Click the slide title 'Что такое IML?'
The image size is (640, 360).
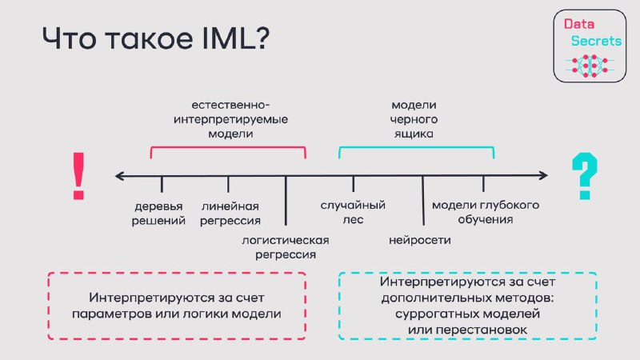coord(155,38)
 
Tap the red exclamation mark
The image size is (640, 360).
coord(78,176)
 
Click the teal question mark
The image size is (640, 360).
coord(585,176)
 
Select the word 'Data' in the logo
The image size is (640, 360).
coord(578,24)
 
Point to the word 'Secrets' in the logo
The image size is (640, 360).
coord(596,41)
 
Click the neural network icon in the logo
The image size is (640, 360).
coord(590,66)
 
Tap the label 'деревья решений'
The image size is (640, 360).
coord(158,214)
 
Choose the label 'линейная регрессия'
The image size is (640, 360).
coord(230,214)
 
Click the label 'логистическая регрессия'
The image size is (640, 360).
coord(286,247)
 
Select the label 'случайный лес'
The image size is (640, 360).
coord(353,212)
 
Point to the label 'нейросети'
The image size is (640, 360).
coord(419,240)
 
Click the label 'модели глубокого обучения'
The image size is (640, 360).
coord(486,212)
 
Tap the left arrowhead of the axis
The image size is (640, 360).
coord(119,176)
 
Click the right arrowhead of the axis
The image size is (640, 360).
coord(544,175)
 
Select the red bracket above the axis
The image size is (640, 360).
coord(228,147)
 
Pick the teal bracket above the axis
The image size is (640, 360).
coord(416,147)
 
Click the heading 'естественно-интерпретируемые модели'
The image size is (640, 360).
coord(230,119)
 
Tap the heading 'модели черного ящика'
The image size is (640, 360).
coord(414,119)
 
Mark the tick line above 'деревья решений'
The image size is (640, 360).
coord(162,184)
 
